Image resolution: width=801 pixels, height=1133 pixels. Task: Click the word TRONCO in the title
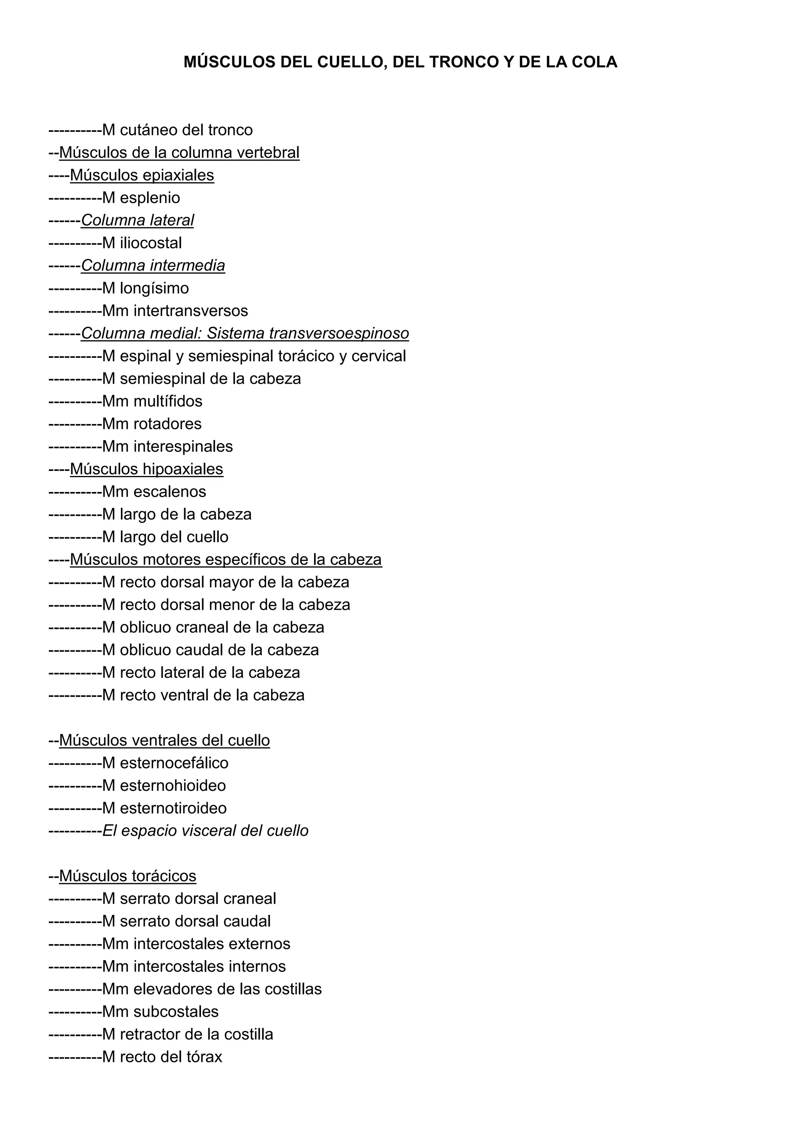click(464, 62)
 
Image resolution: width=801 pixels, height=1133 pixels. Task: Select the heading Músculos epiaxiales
click(142, 175)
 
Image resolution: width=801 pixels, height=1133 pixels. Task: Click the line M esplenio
click(141, 198)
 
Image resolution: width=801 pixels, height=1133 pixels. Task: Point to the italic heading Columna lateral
click(137, 221)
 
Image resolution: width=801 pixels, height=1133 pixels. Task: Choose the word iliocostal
click(151, 243)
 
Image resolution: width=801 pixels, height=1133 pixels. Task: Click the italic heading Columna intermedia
click(153, 266)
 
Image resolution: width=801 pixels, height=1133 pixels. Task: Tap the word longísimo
click(154, 289)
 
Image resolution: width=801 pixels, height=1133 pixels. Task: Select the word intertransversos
click(191, 311)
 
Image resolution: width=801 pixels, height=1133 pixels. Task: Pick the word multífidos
click(168, 401)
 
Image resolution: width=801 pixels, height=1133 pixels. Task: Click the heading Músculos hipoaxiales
click(147, 469)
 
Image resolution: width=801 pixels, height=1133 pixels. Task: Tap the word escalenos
click(170, 492)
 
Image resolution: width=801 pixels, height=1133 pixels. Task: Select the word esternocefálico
click(174, 763)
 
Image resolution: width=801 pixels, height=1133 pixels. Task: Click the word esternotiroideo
click(173, 808)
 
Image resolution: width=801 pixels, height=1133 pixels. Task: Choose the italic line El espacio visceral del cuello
click(205, 831)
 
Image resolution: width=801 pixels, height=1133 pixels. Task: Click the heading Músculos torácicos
click(128, 876)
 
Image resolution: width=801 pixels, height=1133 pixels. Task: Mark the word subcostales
click(176, 1012)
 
